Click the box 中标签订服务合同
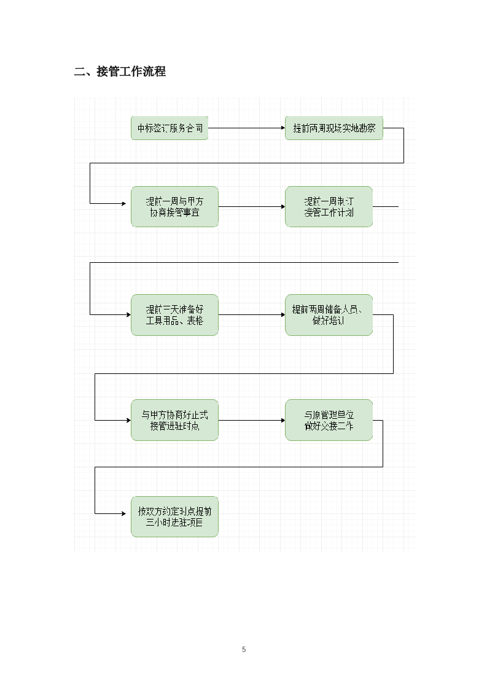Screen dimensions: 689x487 click(169, 128)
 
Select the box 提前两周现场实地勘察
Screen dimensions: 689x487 click(334, 128)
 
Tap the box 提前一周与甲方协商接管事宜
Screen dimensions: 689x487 click(174, 207)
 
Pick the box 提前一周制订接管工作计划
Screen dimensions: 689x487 click(329, 207)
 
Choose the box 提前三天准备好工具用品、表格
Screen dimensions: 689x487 click(174, 315)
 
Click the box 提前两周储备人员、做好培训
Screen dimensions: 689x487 click(329, 315)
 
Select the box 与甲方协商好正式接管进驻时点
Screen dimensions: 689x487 click(174, 420)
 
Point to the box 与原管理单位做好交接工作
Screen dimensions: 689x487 click(329, 420)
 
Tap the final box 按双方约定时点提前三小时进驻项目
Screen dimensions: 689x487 click(174, 517)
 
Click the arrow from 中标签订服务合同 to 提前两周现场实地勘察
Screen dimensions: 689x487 click(246, 128)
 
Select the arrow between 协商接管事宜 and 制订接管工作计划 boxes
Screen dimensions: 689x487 click(251, 207)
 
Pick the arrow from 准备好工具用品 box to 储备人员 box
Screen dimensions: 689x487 click(251, 315)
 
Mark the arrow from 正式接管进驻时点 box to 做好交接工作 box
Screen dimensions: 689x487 click(251, 420)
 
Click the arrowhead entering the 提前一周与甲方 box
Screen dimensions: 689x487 click(128, 203)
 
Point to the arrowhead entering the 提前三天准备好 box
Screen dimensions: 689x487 click(128, 315)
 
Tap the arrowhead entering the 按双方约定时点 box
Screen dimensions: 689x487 click(128, 513)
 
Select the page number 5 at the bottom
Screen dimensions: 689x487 click(244, 649)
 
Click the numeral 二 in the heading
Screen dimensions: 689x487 click(79, 72)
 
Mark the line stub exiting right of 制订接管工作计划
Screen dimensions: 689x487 click(386, 207)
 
